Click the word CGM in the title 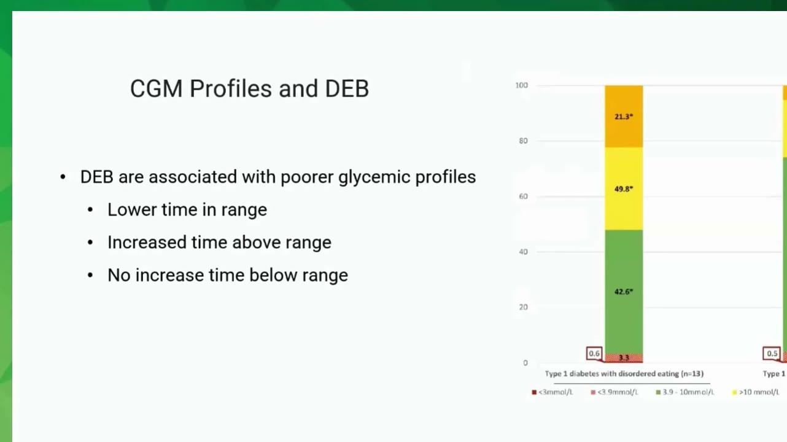click(157, 88)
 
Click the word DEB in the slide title click(347, 88)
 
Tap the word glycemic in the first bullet click(374, 177)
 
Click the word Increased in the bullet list click(147, 242)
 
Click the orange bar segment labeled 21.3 click(624, 117)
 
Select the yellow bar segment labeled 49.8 click(624, 189)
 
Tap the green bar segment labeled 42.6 click(624, 292)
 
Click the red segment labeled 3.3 click(624, 358)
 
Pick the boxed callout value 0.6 click(594, 354)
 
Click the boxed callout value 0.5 click(772, 354)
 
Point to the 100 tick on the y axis click(522, 85)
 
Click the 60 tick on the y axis click(524, 196)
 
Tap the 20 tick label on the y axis click(524, 308)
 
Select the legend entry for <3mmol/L click(552, 392)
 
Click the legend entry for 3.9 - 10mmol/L click(685, 392)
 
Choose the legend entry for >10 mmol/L click(755, 392)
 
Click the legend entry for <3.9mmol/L click(614, 392)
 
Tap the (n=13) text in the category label click(692, 374)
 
